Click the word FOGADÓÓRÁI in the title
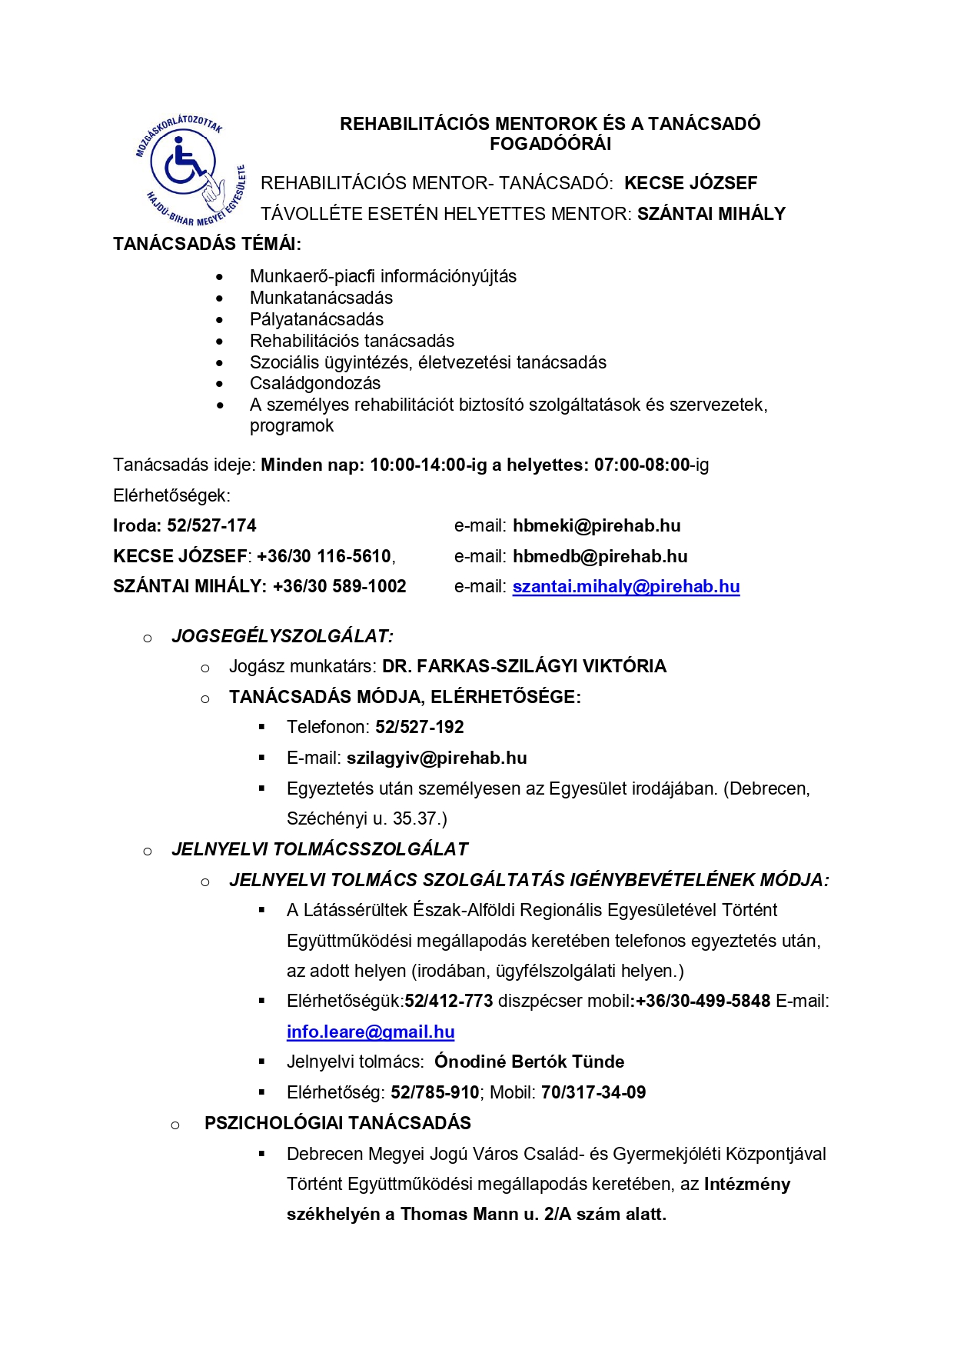point(550,144)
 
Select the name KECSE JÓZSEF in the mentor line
point(690,183)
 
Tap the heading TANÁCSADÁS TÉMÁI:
point(207,244)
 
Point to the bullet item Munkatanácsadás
point(321,298)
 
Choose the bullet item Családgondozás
point(314,383)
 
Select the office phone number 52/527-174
point(211,525)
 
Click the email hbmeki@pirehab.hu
point(597,525)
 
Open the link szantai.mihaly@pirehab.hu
point(626,586)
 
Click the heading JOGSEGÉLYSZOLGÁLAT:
point(282,636)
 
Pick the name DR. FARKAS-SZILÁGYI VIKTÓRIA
point(524,666)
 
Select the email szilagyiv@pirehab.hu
point(437,758)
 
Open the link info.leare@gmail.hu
point(371,1032)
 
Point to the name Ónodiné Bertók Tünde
point(529,1062)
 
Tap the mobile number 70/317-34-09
point(593,1092)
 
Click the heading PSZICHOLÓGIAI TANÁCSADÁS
point(337,1123)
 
